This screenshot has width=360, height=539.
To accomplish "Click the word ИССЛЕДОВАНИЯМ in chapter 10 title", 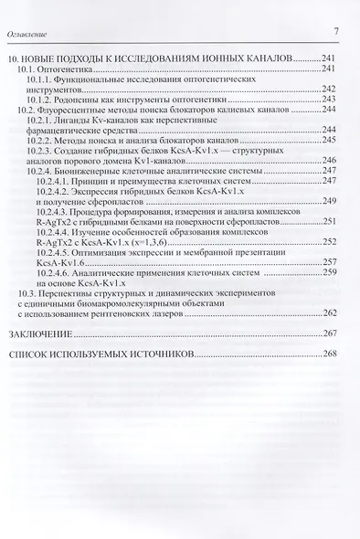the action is (154, 58).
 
